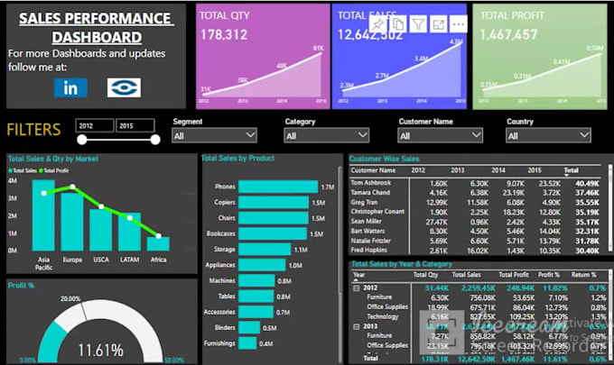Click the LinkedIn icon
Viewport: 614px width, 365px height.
point(70,87)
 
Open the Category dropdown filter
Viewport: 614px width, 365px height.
point(326,135)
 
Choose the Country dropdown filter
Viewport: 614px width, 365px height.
point(549,135)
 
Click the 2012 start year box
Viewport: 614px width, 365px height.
point(95,125)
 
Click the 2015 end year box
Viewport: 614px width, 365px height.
point(136,125)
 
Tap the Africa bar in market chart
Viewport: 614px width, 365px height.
point(158,243)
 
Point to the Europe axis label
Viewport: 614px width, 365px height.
point(72,259)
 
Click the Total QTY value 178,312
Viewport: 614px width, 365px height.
point(224,34)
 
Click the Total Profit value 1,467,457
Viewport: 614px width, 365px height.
point(510,34)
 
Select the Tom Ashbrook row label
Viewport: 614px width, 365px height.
point(370,183)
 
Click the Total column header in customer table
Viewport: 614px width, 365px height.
point(571,169)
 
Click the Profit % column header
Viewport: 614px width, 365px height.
point(549,275)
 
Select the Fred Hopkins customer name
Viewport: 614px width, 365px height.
point(371,251)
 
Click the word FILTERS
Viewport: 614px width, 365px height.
point(34,129)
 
